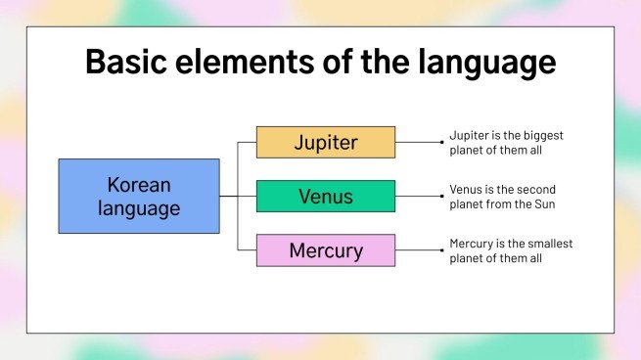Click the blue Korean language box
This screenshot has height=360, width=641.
(138, 196)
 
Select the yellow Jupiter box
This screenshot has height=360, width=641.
(326, 142)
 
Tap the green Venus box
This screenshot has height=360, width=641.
(326, 196)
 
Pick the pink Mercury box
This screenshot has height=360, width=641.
(326, 250)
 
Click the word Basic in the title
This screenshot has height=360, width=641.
(120, 62)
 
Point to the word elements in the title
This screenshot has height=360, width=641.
(236, 62)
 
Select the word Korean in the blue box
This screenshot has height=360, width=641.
(138, 184)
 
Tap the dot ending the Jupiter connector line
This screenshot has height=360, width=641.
(442, 142)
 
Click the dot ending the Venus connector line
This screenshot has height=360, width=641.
(442, 196)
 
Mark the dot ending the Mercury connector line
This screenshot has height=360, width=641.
(442, 250)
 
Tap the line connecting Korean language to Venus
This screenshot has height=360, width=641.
(237, 196)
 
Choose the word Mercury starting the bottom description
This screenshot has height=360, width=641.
(471, 243)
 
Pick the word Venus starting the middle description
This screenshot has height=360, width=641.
(466, 189)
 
